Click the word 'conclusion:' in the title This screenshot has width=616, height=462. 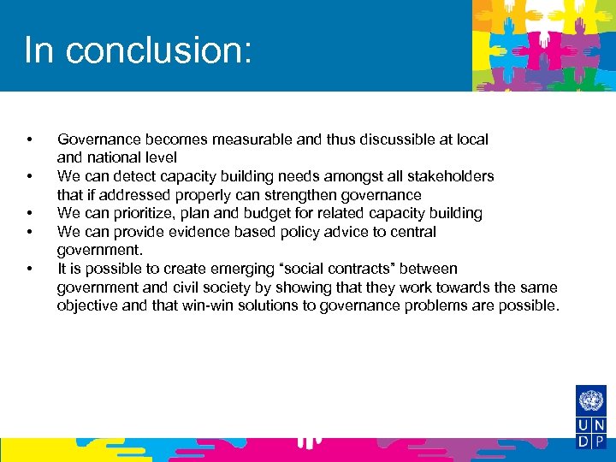tap(158, 50)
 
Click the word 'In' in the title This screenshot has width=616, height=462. tap(38, 50)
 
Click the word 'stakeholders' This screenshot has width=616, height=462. tap(451, 175)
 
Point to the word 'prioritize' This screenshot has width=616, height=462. tap(143, 213)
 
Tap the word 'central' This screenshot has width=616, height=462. tap(412, 232)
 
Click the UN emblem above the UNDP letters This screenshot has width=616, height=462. tap(590, 400)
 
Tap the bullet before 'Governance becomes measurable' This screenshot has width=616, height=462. tap(29, 139)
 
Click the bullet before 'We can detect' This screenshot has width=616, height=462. tap(29, 176)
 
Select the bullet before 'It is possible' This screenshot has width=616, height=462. tap(29, 269)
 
